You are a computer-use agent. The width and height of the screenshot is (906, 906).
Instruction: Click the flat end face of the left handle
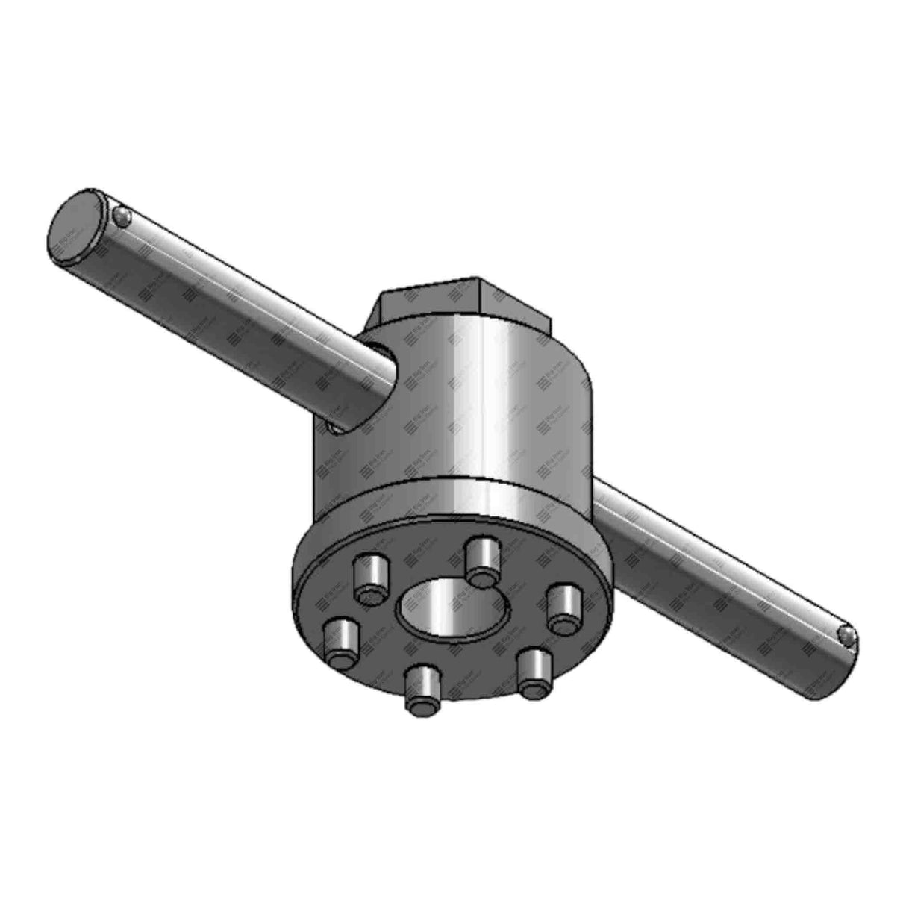[78, 228]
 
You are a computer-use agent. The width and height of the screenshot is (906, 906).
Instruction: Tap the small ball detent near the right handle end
[845, 635]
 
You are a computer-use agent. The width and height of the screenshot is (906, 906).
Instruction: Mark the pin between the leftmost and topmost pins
[371, 578]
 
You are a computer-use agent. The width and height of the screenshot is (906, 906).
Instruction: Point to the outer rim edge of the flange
[299, 597]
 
